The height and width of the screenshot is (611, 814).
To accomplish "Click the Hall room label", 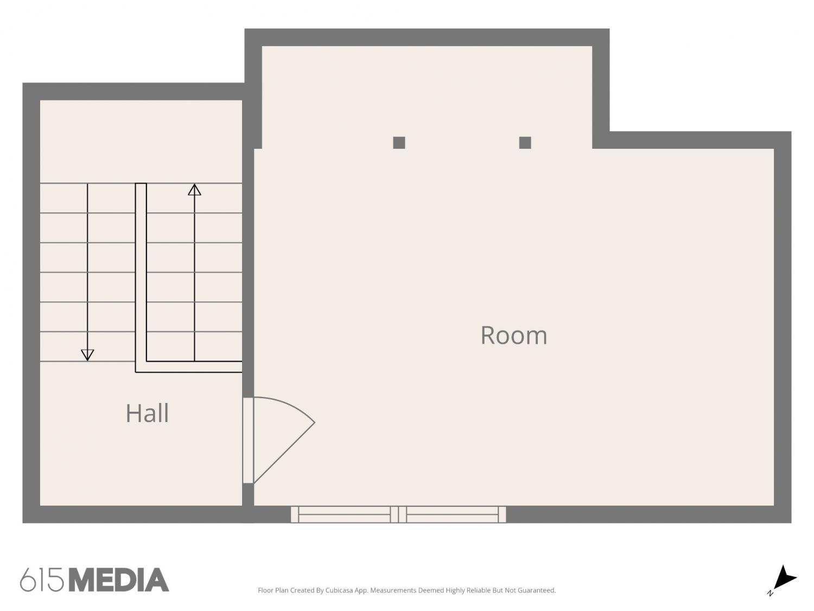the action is point(147,413).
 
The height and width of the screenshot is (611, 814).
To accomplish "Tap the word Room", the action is point(513,335).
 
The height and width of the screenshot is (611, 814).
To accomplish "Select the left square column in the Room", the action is point(399,142).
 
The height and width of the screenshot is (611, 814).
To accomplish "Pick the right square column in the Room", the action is point(525,142).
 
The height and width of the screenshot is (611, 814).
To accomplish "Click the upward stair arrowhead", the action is point(194,190).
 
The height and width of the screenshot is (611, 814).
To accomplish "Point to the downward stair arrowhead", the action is point(87,355).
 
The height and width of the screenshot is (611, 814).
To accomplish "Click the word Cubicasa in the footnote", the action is point(339,590).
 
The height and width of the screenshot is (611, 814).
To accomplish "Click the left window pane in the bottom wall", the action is point(345,514).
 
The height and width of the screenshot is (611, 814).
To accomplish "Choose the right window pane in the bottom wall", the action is point(452,514).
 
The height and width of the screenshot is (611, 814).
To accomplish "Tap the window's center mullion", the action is point(399,514).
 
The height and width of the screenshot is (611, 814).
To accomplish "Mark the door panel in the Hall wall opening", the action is point(248,440).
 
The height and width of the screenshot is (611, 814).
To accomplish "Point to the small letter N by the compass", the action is point(770,593).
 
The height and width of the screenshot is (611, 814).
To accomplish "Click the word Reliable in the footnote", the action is point(479,590).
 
